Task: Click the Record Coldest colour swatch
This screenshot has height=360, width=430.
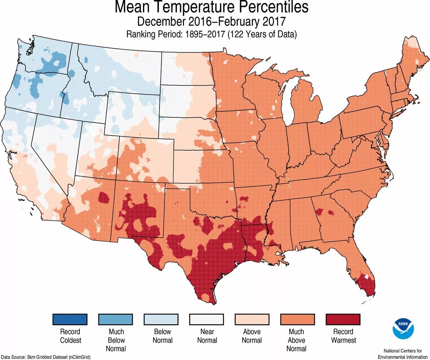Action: tap(70, 319)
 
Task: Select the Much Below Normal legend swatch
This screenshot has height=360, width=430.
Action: tap(116, 319)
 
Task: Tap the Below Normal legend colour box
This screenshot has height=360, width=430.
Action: tap(161, 319)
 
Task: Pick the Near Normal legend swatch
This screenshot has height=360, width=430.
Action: tap(207, 319)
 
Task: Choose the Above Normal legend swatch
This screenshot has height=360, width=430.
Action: tap(252, 319)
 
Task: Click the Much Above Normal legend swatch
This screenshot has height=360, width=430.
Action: tap(297, 319)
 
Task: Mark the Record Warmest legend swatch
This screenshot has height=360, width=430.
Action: tap(343, 319)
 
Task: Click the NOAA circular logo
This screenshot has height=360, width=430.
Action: tap(403, 328)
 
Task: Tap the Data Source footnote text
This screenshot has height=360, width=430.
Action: tap(45, 357)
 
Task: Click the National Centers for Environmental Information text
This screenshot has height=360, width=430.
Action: tap(402, 354)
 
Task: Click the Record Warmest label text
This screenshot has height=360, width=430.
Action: tap(343, 336)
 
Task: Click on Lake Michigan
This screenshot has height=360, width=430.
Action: tap(287, 101)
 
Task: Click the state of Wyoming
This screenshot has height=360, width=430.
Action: tap(133, 112)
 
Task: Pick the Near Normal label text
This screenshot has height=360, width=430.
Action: tap(207, 336)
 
